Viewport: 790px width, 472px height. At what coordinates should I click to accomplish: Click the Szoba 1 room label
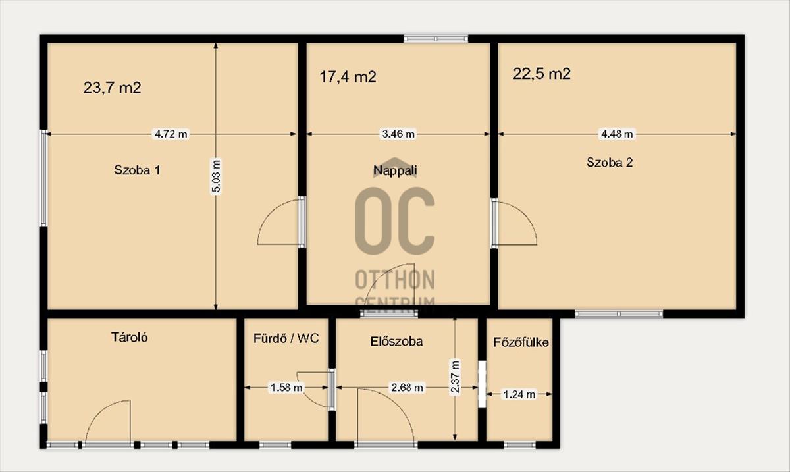tap(137, 170)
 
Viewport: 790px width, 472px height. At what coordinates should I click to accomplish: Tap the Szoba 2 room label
tap(610, 163)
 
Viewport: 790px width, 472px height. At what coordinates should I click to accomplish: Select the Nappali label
tap(395, 170)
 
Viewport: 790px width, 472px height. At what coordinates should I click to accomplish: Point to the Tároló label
tap(130, 337)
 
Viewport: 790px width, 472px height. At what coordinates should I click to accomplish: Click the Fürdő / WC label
tap(286, 338)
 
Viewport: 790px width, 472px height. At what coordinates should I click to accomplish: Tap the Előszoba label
tap(396, 342)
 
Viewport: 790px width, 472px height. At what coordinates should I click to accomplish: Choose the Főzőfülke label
tap(521, 342)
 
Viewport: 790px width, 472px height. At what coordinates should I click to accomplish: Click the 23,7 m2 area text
tap(112, 88)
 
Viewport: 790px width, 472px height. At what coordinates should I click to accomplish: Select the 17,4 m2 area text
tap(348, 76)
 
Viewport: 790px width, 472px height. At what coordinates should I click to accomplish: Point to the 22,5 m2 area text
tap(542, 74)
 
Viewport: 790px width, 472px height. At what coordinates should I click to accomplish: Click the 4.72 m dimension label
tap(171, 134)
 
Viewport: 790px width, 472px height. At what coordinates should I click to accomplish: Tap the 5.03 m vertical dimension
tap(216, 176)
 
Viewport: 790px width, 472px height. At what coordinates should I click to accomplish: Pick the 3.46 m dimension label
tap(398, 134)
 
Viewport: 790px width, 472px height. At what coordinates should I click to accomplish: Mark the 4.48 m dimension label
tap(617, 134)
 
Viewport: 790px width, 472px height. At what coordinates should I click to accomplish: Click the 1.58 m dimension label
tap(286, 388)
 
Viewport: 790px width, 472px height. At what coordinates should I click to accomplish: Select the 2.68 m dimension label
tap(408, 388)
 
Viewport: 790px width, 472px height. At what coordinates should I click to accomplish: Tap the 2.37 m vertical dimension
tap(455, 376)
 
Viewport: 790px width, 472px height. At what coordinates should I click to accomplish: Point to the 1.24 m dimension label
tap(519, 394)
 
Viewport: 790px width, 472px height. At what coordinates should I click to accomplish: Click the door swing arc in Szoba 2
tap(526, 215)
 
